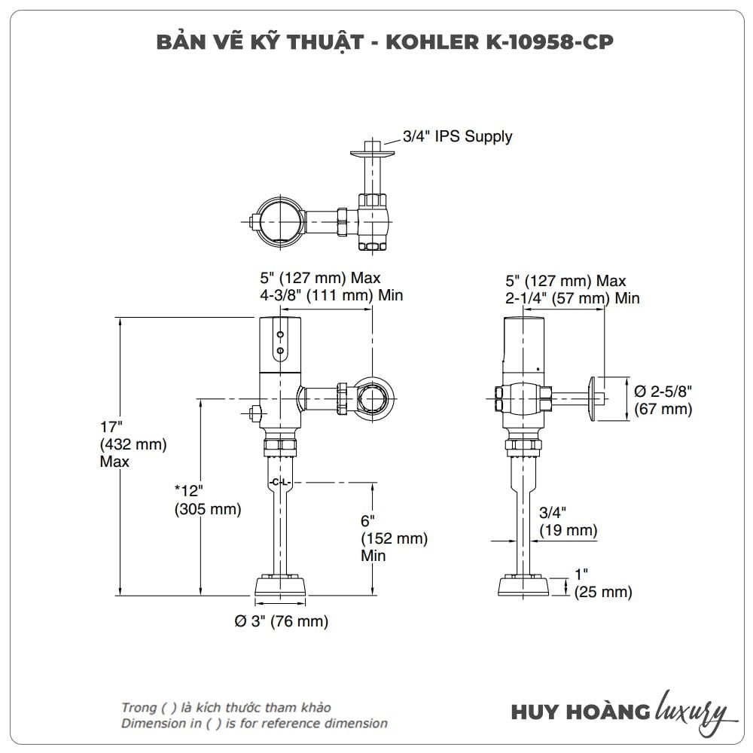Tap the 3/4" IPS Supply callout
click(457, 136)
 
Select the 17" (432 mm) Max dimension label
click(133, 444)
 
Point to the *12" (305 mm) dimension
click(207, 500)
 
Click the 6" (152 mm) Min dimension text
click(394, 538)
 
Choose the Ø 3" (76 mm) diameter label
click(282, 621)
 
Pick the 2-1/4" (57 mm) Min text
click(572, 298)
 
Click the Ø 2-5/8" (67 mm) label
click(663, 400)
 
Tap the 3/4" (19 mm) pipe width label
click(568, 522)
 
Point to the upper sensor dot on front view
click(280, 334)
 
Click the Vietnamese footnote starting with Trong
click(226, 707)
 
